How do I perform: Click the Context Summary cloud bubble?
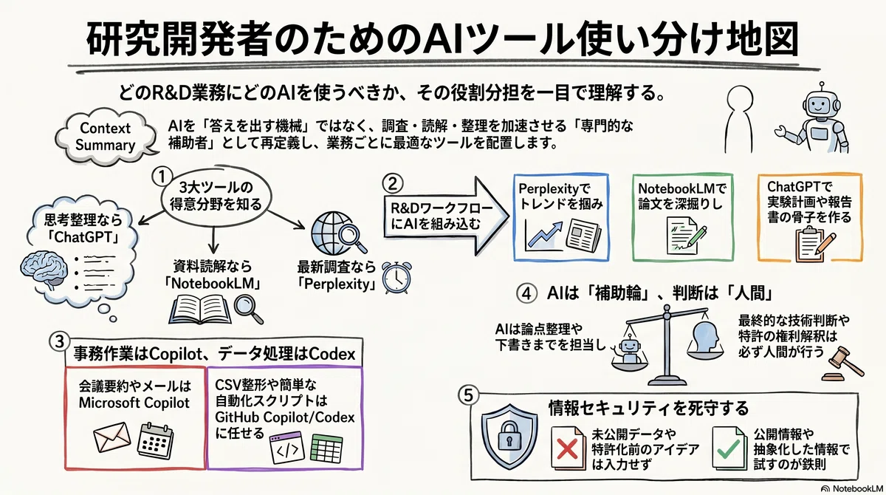105,137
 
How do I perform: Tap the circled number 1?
162,177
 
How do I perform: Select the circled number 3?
59,341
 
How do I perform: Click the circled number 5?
468,395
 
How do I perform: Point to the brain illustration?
42,269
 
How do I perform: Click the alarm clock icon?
396,277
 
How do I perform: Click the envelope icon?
112,436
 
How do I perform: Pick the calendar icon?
155,440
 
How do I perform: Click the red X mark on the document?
567,449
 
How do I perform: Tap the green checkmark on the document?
729,449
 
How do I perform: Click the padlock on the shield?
509,436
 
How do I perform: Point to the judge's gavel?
842,364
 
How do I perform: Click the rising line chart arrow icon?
545,234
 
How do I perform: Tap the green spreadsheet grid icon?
326,448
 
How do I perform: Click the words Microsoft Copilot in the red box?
134,403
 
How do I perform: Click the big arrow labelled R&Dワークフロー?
446,216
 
